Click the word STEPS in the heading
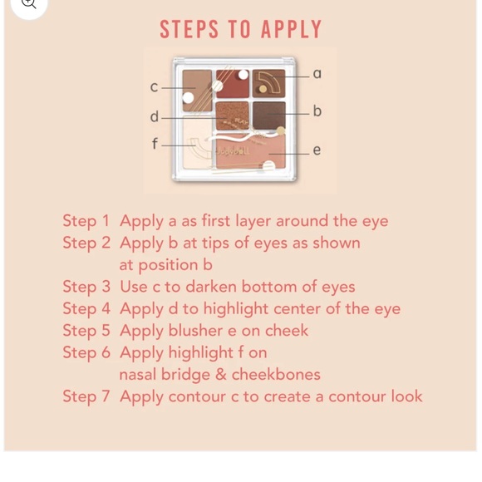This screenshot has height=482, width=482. tap(189, 29)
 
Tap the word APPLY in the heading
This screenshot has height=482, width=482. tap(291, 29)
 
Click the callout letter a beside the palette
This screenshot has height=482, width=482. tap(317, 74)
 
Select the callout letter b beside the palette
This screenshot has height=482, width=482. tap(317, 111)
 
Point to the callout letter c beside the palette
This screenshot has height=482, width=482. tap(154, 87)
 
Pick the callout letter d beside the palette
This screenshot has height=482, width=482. tap(155, 116)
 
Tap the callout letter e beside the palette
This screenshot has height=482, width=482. tap(317, 150)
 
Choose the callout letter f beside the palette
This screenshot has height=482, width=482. tap(155, 143)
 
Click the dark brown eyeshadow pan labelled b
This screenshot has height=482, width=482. tap(269, 116)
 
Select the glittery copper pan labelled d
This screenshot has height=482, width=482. tap(232, 116)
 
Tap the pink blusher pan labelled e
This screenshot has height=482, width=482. tap(251, 151)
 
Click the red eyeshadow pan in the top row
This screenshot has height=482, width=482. tap(233, 84)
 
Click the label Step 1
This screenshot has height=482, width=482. tap(86, 221)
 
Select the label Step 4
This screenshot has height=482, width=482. tap(86, 309)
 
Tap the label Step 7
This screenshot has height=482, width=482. tap(86, 396)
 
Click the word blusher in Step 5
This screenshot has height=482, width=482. tap(195, 331)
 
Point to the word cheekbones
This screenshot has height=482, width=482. tap(276, 375)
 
